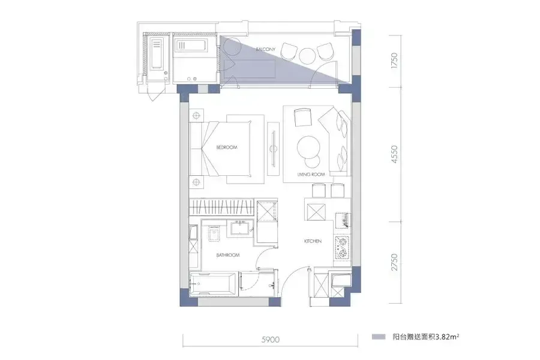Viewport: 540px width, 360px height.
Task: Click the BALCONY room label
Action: [266, 49]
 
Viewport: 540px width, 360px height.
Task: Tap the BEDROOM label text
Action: [227, 148]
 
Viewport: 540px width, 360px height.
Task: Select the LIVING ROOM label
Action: [311, 175]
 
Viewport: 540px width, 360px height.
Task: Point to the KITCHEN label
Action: [313, 241]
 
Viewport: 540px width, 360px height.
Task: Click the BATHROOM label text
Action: [227, 255]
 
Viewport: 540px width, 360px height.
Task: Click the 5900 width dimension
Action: [271, 340]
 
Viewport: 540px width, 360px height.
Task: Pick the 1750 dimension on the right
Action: [394, 60]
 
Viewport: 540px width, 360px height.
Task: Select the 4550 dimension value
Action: [394, 154]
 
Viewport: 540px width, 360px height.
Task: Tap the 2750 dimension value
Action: [394, 262]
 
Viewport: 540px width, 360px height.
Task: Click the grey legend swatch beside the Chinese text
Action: [379, 337]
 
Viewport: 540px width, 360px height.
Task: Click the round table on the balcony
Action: [307, 55]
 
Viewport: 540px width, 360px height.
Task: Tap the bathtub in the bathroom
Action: [213, 284]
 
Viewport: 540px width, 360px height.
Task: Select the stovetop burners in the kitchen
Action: [341, 248]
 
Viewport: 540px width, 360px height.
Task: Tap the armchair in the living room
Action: [303, 118]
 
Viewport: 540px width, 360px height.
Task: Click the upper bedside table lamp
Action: [196, 115]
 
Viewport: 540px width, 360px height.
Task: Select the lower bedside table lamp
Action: [196, 182]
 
